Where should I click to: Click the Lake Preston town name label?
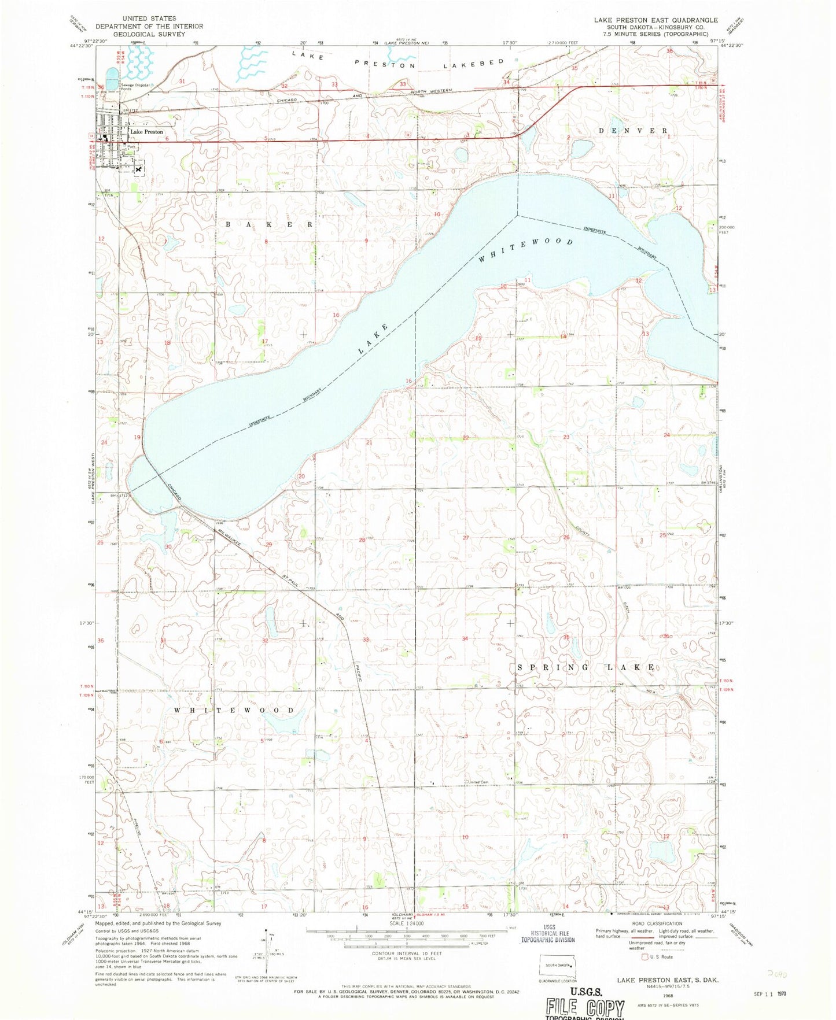click(146, 132)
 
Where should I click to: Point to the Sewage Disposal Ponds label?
click(135, 87)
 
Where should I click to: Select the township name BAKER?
click(269, 224)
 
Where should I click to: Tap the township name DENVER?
click(634, 131)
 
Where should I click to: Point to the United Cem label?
click(478, 782)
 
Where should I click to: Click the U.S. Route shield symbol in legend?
click(645, 957)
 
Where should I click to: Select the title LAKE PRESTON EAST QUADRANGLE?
click(655, 20)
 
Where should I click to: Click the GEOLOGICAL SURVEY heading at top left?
click(149, 34)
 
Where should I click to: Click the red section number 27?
click(466, 538)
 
